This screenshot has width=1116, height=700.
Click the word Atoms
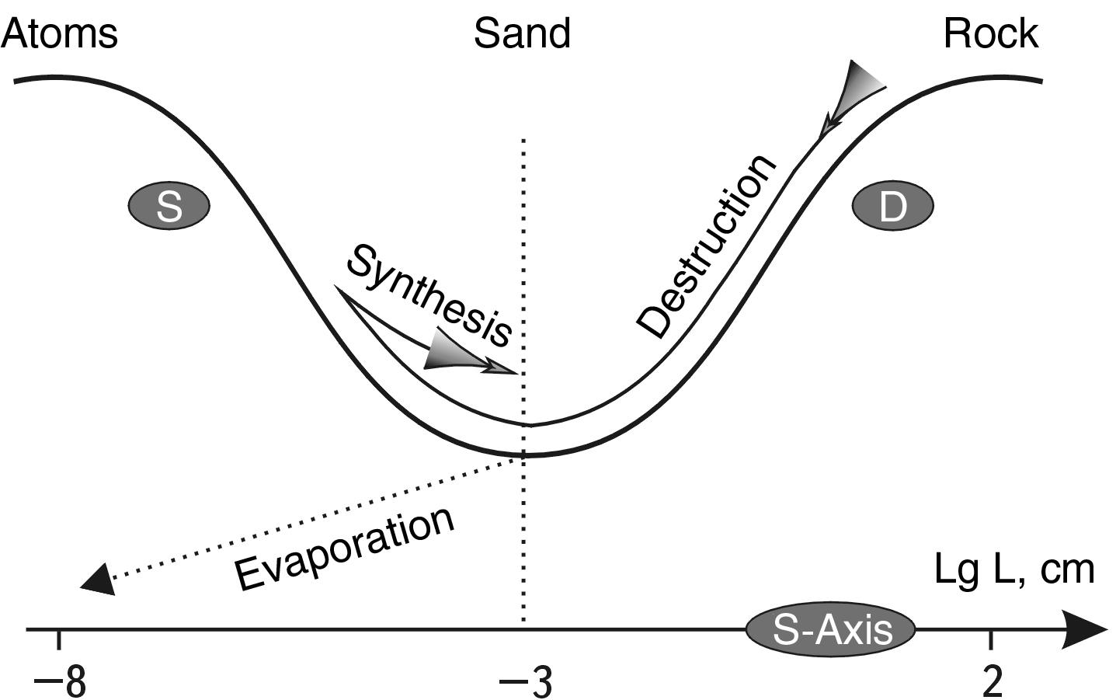tap(60, 34)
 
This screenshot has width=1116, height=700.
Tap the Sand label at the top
tap(522, 34)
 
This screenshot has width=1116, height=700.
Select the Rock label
tap(990, 34)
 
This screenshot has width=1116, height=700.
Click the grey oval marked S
tap(169, 207)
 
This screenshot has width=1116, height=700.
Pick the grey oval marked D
tap(892, 207)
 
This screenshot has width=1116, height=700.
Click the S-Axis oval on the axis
tap(831, 629)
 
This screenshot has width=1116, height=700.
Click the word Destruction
tap(705, 245)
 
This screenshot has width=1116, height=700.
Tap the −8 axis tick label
tap(59, 682)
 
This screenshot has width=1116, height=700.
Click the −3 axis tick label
tap(525, 682)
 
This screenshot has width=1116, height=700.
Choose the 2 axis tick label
tap(992, 682)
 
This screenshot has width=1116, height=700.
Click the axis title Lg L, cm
tap(1013, 569)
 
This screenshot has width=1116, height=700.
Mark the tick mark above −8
tap(59, 639)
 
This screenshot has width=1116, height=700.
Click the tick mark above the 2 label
tap(990, 639)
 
